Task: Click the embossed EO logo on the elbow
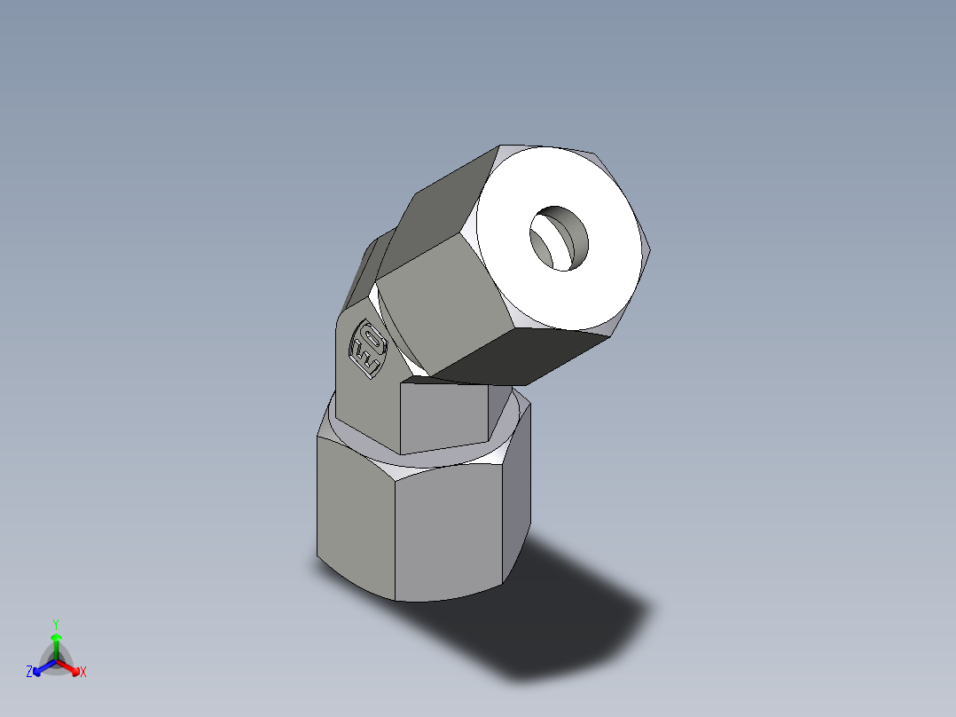click(366, 349)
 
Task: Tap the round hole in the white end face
click(560, 238)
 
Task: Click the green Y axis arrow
click(56, 641)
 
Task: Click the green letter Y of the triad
click(56, 624)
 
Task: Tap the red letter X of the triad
click(83, 673)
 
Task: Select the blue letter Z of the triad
click(29, 673)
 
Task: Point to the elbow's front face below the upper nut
click(443, 417)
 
